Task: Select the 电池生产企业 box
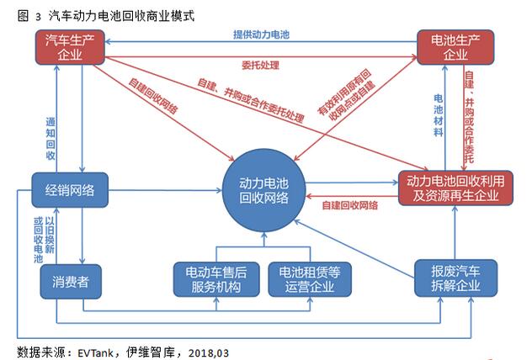(x=453, y=47)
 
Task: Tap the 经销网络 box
(x=71, y=189)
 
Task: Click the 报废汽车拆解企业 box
(x=453, y=277)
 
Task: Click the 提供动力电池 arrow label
(x=261, y=35)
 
